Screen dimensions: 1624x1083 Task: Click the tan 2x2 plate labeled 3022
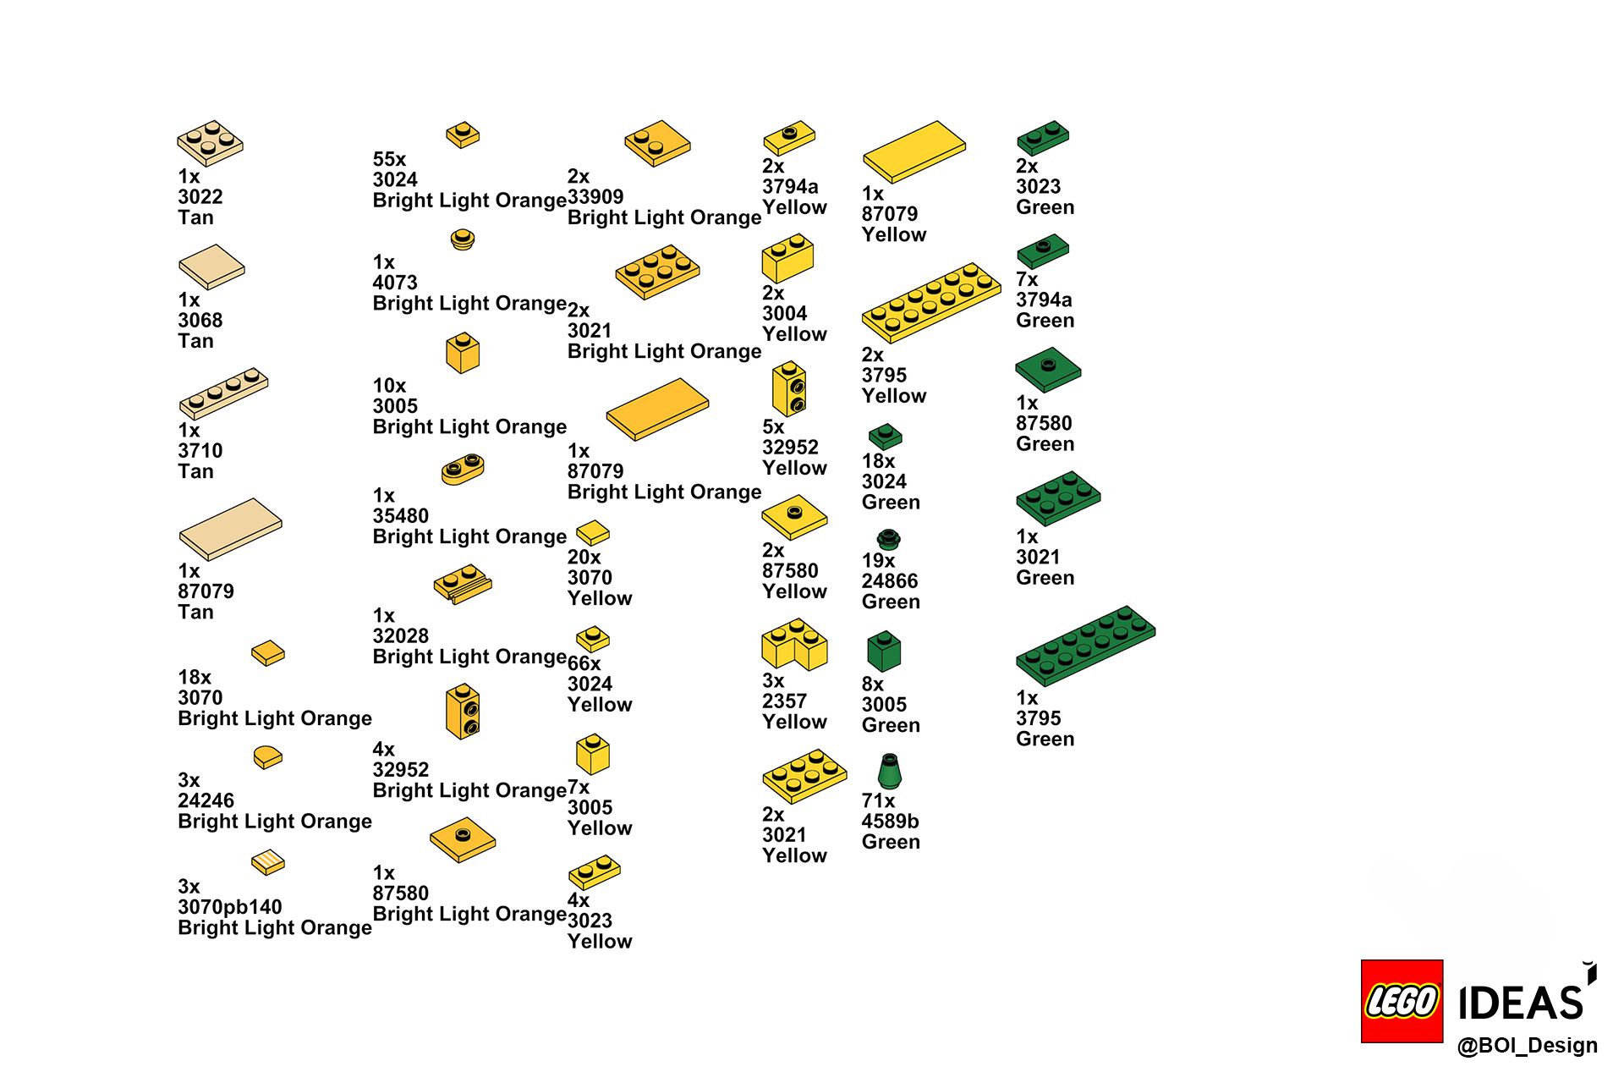pyautogui.click(x=210, y=143)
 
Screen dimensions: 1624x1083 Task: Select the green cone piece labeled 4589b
pyautogui.click(x=889, y=771)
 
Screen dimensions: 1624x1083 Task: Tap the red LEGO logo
pyautogui.click(x=1402, y=1001)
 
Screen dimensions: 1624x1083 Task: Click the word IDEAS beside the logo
pyautogui.click(x=1521, y=1003)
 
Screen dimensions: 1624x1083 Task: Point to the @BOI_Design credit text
pyautogui.click(x=1527, y=1046)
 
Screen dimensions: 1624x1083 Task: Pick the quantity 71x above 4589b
pyautogui.click(x=878, y=800)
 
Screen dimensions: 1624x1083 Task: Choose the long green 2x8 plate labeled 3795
pyautogui.click(x=1085, y=645)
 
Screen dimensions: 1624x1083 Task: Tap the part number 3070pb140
pyautogui.click(x=229, y=907)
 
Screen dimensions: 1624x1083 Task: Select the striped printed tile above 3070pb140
pyautogui.click(x=268, y=862)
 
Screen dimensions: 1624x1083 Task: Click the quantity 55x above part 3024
pyautogui.click(x=389, y=159)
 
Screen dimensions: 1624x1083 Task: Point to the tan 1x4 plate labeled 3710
pyautogui.click(x=223, y=393)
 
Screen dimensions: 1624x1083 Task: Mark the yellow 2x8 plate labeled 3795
pyautogui.click(x=931, y=302)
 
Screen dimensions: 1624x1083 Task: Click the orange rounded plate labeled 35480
pyautogui.click(x=463, y=469)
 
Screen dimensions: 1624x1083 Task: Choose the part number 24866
pyautogui.click(x=890, y=581)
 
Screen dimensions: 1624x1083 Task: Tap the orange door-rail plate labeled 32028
pyautogui.click(x=462, y=584)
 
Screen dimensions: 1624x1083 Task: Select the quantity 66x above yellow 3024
pyautogui.click(x=584, y=663)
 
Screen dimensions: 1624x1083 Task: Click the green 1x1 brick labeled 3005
pyautogui.click(x=884, y=651)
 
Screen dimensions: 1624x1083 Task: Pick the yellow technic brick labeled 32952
pyautogui.click(x=789, y=388)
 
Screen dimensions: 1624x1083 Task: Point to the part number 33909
pyautogui.click(x=595, y=197)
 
